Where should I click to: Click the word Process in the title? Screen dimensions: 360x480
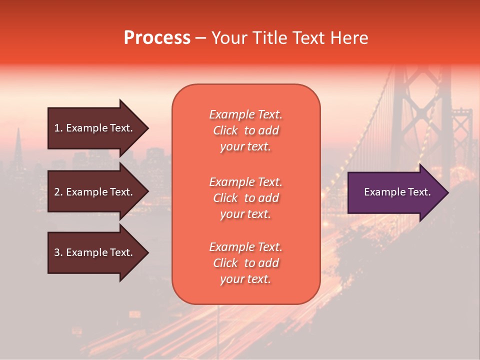[x=157, y=38]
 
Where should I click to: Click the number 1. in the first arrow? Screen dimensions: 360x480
[x=58, y=128]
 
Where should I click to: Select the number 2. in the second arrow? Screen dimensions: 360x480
[x=58, y=192]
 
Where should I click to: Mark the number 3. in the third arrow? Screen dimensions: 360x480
[x=58, y=252]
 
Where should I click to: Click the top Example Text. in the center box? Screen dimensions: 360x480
[x=245, y=114]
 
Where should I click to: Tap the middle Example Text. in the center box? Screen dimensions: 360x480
[x=245, y=181]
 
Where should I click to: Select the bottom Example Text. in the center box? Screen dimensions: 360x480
[x=245, y=247]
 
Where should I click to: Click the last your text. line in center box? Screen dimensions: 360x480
[x=245, y=279]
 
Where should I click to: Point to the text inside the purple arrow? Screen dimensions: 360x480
[x=397, y=192]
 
